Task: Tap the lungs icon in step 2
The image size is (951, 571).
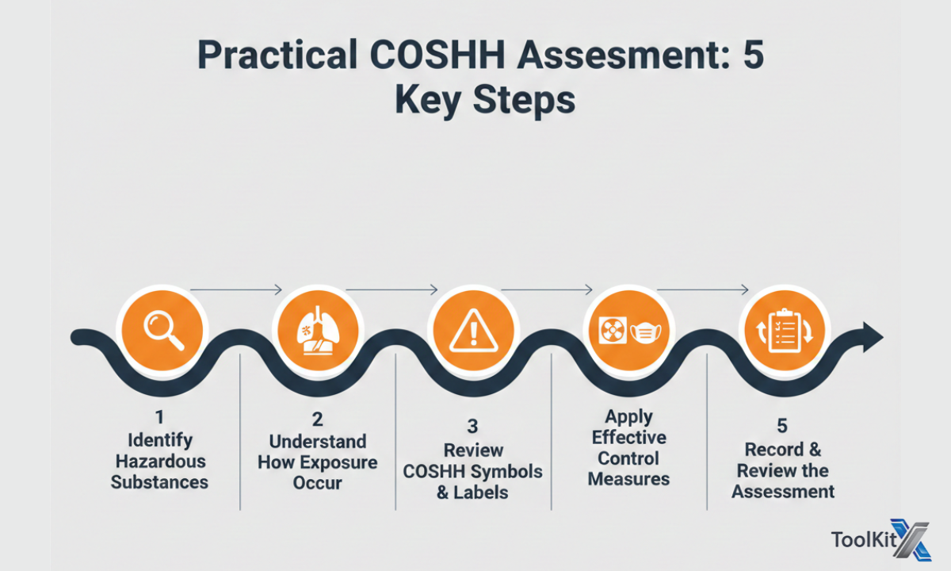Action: click(317, 329)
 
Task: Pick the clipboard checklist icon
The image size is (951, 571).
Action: click(784, 331)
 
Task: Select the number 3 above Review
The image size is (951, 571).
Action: click(472, 427)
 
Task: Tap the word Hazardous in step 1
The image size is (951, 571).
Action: click(160, 462)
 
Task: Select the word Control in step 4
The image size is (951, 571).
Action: click(628, 458)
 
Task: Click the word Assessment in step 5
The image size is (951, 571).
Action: click(783, 492)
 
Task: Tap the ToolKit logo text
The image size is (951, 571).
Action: click(860, 540)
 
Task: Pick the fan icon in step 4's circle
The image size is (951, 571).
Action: click(610, 331)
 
